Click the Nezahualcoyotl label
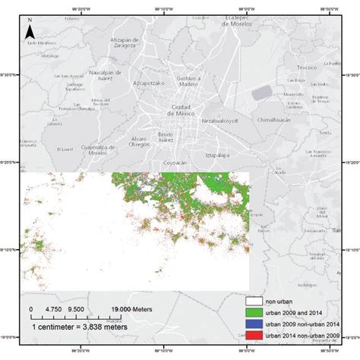point(220,121)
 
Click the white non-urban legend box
point(255,300)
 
